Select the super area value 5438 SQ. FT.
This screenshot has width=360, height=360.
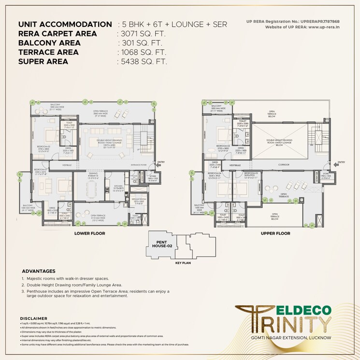[x=143, y=62]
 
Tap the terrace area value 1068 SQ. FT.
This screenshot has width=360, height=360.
[x=143, y=52]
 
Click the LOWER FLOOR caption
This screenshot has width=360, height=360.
[x=90, y=233]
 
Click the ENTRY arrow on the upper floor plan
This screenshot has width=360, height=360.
[x=341, y=163]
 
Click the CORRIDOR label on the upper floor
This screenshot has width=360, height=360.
[x=284, y=165]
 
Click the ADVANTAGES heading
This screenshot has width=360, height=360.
[x=39, y=271]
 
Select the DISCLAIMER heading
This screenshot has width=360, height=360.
[x=33, y=318]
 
